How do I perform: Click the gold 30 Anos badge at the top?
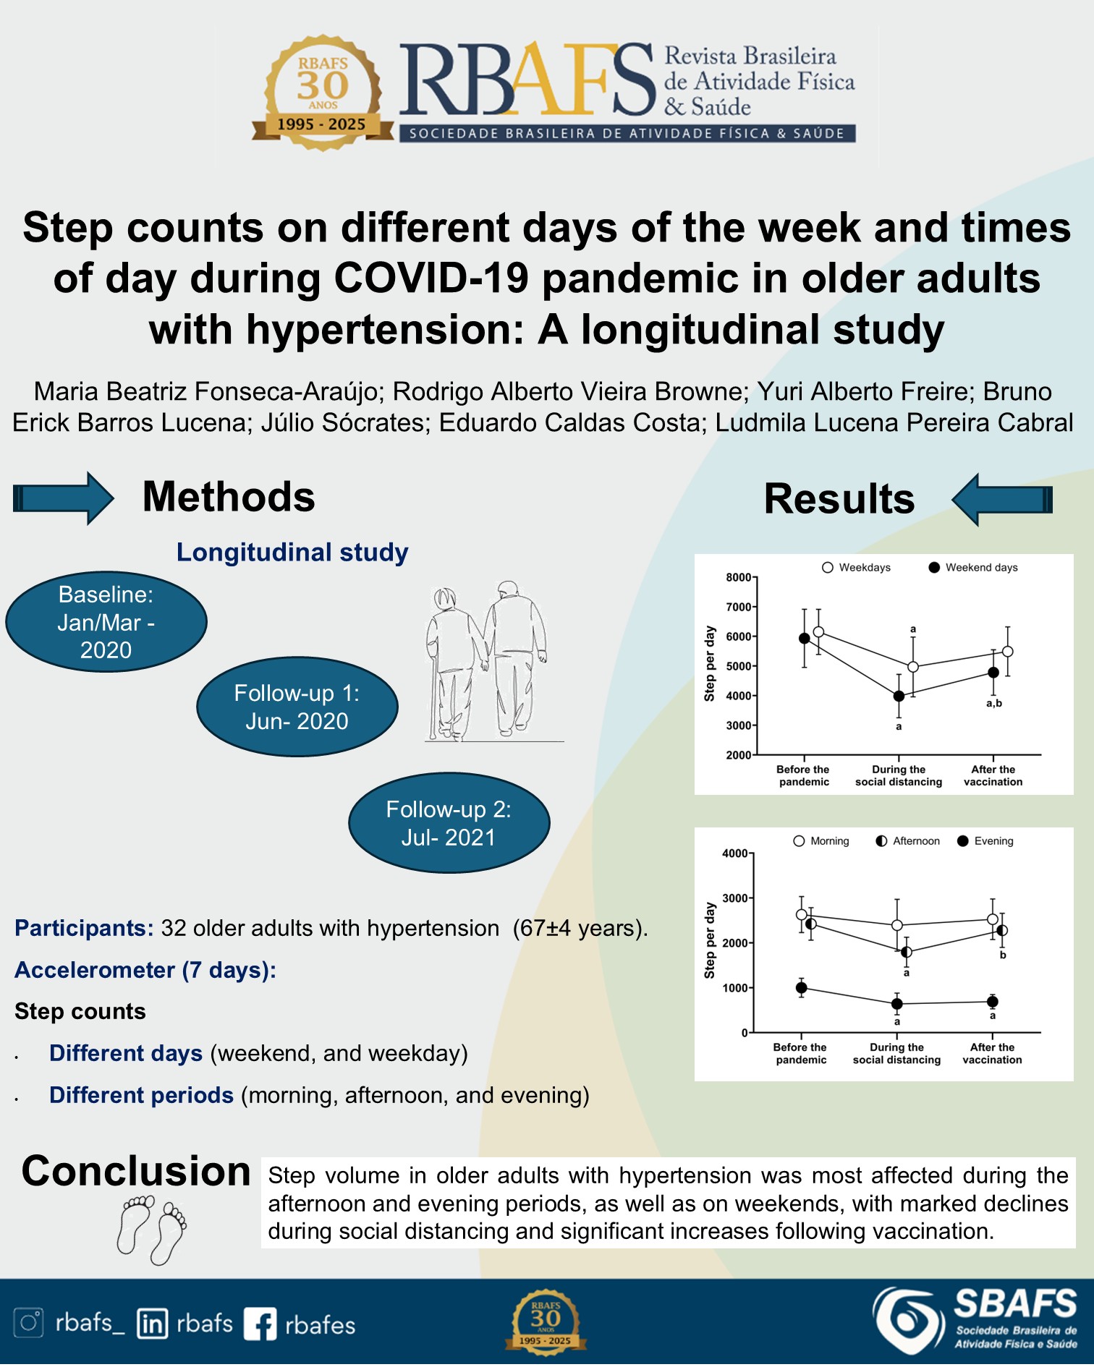point(323,93)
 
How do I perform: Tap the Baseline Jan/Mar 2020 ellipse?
point(106,622)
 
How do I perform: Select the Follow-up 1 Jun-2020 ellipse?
point(297,707)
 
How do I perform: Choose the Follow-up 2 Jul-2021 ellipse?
point(449,823)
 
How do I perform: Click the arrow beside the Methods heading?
point(64,498)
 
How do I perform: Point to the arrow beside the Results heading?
point(1002,499)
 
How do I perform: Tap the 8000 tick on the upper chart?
point(739,577)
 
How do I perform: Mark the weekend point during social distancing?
point(899,697)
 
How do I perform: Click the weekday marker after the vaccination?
point(1007,652)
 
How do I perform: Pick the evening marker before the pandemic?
point(801,988)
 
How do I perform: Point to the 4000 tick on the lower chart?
point(734,853)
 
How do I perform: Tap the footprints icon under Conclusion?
point(151,1230)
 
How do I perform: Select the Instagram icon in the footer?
point(29,1323)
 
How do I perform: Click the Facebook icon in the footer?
point(260,1324)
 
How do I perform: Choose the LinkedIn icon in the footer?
point(153,1324)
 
